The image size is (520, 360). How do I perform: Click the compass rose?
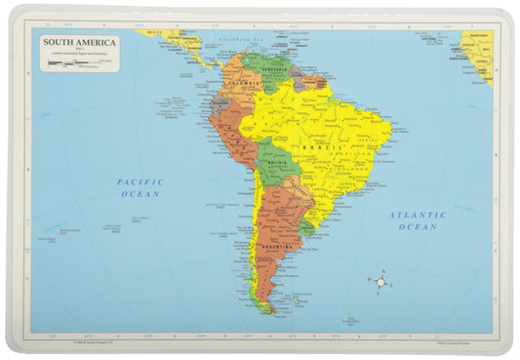(x=381, y=282)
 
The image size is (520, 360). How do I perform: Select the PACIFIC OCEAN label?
(x=140, y=187)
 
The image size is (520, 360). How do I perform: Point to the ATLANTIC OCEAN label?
(x=418, y=220)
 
